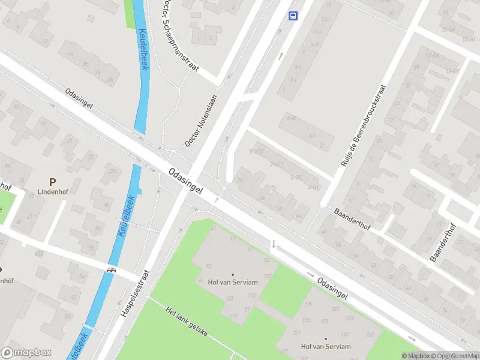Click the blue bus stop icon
pyautogui.click(x=293, y=16)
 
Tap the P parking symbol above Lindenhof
pyautogui.click(x=52, y=181)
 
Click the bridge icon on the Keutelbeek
pyautogui.click(x=111, y=270)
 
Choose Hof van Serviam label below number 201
pyautogui.click(x=326, y=346)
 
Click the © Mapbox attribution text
pyautogui.click(x=415, y=356)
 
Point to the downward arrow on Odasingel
pyautogui.click(x=274, y=244)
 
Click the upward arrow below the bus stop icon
pyautogui.click(x=281, y=56)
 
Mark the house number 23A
pyautogui.click(x=112, y=171)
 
